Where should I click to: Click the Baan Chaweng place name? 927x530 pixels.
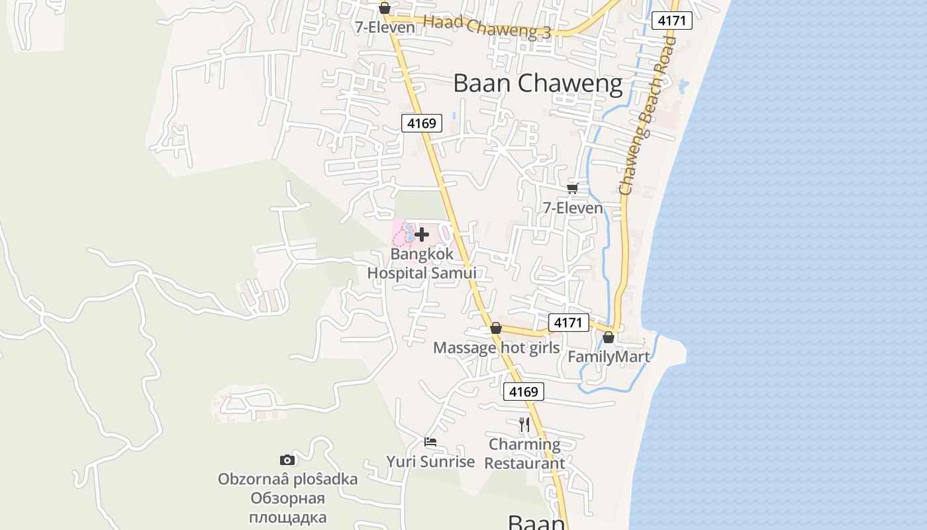538,84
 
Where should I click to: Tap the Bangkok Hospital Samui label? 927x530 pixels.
422,264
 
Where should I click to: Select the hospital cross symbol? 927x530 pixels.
422,234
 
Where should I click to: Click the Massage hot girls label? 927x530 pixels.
496,348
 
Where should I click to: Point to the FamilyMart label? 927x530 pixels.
609,357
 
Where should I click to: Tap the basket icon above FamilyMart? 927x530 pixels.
609,338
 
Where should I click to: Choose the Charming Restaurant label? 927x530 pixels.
524,454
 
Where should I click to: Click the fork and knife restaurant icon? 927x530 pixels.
524,424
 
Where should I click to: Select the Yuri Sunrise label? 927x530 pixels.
430,462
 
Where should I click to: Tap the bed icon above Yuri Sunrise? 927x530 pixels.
430,442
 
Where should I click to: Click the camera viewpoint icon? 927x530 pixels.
287,460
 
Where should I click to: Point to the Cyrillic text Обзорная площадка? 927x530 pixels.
287,507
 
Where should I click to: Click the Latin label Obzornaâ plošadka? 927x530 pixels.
287,479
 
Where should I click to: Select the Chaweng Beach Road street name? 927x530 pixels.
649,116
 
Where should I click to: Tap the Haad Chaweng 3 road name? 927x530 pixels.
487,27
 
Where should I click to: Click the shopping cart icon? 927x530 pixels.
573,188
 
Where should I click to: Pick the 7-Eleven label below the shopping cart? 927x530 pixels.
573,208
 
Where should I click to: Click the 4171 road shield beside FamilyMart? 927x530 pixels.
568,323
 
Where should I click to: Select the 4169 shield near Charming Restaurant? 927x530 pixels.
523,392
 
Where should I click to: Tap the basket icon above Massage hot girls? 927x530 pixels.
496,328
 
